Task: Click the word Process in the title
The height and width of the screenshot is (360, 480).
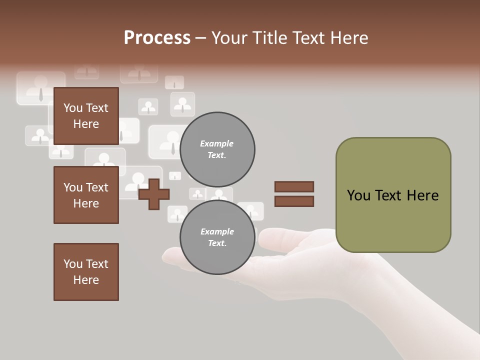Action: coord(157,38)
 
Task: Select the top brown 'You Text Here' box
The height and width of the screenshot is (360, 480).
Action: coord(86,116)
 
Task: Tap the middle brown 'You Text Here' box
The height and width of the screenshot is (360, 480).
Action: coord(86,195)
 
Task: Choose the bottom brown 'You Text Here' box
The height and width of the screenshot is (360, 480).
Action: coord(86,272)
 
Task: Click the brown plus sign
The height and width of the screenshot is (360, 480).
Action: coord(154,194)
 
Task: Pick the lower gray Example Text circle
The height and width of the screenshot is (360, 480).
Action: coord(217,237)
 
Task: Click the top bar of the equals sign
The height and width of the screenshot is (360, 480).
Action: coord(294,186)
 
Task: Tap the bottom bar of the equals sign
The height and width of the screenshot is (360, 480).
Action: coord(294,201)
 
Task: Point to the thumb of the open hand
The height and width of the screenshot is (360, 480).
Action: coord(280,235)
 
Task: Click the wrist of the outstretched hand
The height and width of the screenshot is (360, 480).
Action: coord(425,310)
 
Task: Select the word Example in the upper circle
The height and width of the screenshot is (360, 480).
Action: coord(217,143)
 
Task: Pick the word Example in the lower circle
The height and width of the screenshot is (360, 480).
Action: coord(217,231)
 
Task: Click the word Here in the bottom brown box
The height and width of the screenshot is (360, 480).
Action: coord(86,280)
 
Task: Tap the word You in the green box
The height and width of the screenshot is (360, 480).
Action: coord(359,195)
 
